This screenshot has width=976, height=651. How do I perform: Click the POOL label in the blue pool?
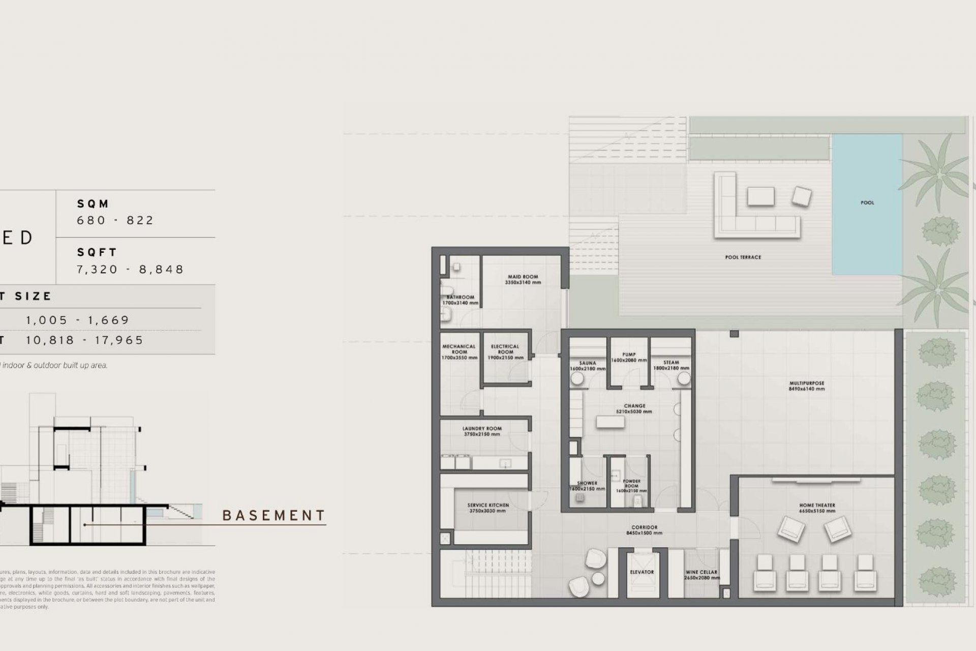tap(867, 203)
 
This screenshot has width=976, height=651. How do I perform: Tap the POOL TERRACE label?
tap(743, 257)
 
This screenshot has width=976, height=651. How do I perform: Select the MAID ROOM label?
tap(523, 277)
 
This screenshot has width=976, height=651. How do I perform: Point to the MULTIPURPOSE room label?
tap(807, 383)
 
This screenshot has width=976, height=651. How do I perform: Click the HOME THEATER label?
tap(817, 506)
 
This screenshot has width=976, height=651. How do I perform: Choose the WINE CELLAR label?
tap(701, 572)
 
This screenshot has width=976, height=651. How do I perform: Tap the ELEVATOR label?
tap(642, 572)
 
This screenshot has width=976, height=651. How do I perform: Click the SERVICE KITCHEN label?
tap(488, 506)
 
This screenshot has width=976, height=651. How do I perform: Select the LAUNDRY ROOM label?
tap(482, 429)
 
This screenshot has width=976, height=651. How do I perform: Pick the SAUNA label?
tap(588, 364)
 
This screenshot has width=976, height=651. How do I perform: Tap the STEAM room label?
tap(671, 363)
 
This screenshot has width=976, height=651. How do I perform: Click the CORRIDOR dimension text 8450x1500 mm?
tap(644, 534)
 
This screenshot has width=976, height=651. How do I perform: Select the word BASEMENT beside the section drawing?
tap(273, 516)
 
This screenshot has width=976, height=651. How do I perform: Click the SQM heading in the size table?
tap(93, 204)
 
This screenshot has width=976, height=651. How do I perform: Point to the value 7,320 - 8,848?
tap(130, 269)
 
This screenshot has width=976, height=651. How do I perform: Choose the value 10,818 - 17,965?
tap(85, 340)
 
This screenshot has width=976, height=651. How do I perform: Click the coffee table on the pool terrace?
tap(760, 196)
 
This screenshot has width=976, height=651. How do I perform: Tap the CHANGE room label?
tap(634, 406)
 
